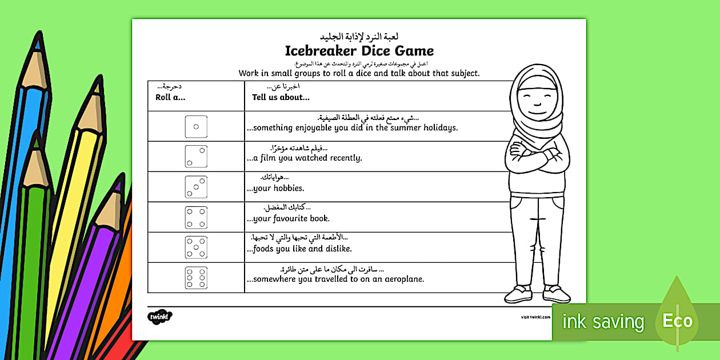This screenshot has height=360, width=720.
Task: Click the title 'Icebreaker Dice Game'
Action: pos(359,50)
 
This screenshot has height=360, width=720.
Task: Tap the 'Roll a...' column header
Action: pos(170,97)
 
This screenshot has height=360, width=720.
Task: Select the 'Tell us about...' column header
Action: pos(281,97)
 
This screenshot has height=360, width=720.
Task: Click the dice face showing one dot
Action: pos(196,126)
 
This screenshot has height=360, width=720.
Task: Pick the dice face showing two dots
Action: pos(196,157)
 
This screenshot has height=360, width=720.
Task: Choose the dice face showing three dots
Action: pos(196,187)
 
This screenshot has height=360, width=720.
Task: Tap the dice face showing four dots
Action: pos(196,217)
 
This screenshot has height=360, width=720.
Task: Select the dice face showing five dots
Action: pos(196,247)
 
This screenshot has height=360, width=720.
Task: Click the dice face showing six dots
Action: pos(196,278)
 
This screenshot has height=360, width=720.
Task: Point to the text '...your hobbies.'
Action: pos(275,188)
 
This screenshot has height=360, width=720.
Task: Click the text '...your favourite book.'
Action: pos(288,218)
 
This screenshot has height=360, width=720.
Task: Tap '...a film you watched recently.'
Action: pos(305,158)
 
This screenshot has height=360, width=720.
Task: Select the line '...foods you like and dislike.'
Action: pos(299,249)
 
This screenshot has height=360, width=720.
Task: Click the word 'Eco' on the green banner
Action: pos(678,321)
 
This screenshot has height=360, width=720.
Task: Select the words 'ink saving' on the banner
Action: pos(603,322)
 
